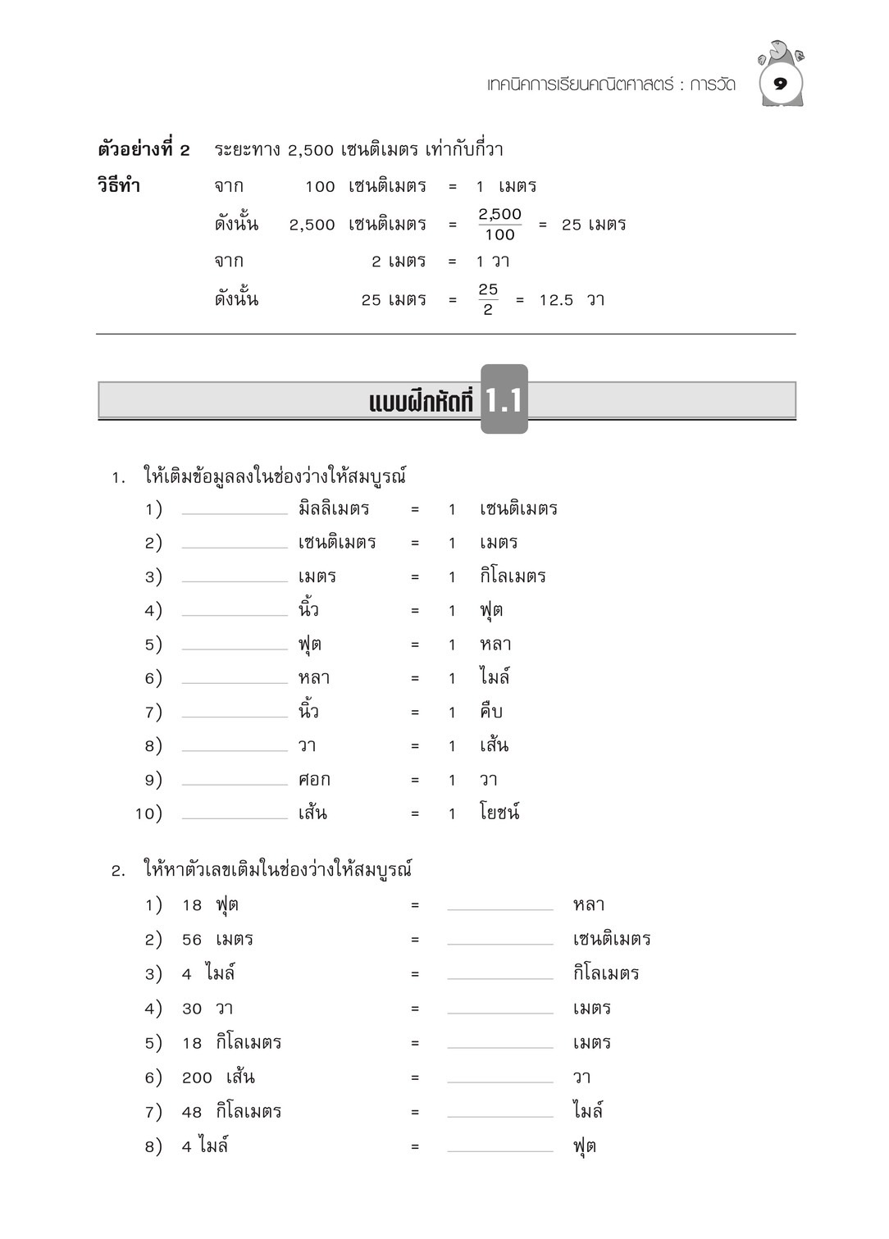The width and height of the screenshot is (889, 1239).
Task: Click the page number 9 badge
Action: click(x=780, y=84)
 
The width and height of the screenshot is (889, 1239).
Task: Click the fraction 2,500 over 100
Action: click(x=499, y=224)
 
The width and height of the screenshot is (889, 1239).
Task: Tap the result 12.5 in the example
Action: click(x=556, y=300)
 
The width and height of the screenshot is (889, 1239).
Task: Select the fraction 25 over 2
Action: click(x=488, y=299)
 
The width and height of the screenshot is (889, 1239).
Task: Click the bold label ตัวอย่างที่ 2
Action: click(x=144, y=149)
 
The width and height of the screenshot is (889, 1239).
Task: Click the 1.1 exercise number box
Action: click(x=504, y=399)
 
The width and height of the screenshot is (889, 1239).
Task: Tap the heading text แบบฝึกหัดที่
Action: click(x=422, y=402)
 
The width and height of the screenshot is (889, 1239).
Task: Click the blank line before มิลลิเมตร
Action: click(x=235, y=512)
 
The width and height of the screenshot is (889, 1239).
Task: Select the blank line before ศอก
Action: click(x=235, y=782)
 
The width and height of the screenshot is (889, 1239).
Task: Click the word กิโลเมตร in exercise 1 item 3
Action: click(x=513, y=576)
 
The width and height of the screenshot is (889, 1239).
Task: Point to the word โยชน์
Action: click(x=499, y=813)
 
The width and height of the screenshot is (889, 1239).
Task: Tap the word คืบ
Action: click(x=490, y=712)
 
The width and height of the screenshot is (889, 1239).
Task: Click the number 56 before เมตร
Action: click(x=192, y=940)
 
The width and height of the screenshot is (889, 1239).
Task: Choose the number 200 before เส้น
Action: click(x=197, y=1077)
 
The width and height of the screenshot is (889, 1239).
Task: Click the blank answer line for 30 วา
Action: click(x=500, y=1011)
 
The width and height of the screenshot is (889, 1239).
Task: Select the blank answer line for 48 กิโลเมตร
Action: click(x=500, y=1114)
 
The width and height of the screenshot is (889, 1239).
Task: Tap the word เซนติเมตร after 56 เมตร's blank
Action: click(x=612, y=939)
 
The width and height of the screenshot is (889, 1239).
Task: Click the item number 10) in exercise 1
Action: click(x=148, y=813)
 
